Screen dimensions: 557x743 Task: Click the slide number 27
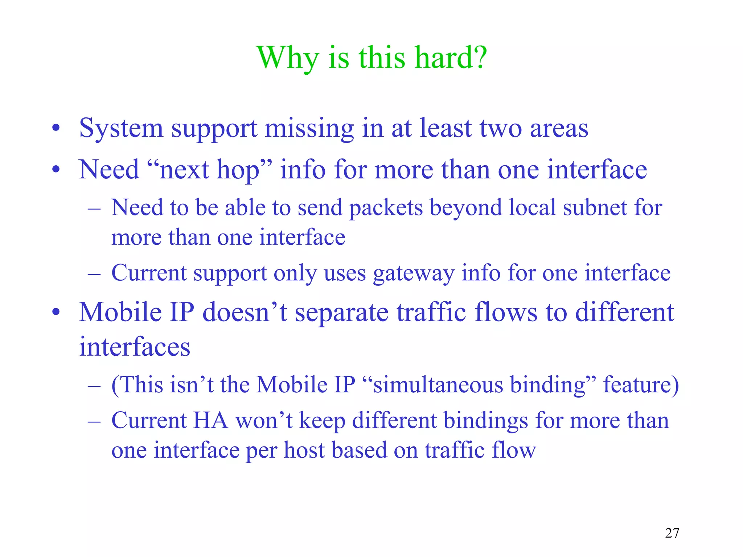(x=672, y=533)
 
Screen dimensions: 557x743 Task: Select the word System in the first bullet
(x=121, y=129)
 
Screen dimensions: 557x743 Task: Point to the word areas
(x=559, y=129)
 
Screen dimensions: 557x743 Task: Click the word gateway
(x=414, y=273)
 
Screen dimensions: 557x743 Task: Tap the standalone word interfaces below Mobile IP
(x=135, y=347)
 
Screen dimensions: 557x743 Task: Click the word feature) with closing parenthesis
(x=641, y=384)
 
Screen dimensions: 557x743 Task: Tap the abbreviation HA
(x=210, y=421)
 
